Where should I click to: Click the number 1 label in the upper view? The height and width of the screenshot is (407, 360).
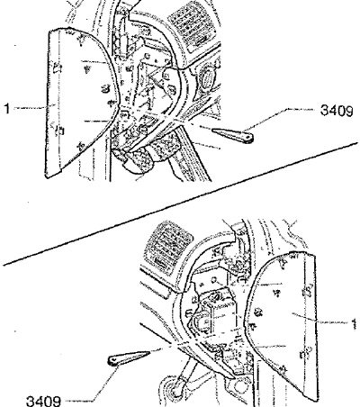[x=7, y=108]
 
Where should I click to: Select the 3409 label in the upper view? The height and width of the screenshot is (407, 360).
[x=337, y=111]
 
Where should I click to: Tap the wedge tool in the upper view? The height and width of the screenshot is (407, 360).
[x=233, y=135]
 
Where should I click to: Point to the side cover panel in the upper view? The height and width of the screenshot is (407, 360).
[x=79, y=102]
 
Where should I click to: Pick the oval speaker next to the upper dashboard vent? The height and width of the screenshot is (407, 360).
[x=207, y=78]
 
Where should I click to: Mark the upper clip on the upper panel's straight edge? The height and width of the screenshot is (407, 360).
[x=58, y=68]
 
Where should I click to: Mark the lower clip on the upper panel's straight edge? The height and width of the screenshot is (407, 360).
[x=59, y=130]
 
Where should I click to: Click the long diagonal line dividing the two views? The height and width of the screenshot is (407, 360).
[x=180, y=204]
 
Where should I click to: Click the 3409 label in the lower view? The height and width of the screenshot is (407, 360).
[x=44, y=401]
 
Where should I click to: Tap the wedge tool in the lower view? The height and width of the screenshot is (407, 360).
[x=129, y=357]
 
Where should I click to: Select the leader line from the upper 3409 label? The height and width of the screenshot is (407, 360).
[x=282, y=118]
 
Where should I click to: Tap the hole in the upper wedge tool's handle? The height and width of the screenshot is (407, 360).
[x=248, y=137]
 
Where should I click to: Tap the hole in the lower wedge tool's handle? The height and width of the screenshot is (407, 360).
[x=113, y=360]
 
